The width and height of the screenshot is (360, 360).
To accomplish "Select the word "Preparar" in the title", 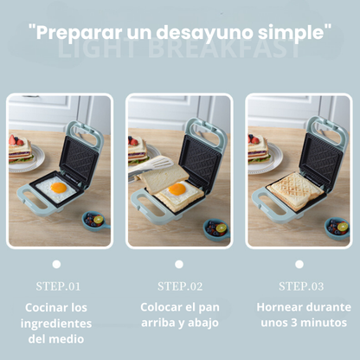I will tap(76, 33).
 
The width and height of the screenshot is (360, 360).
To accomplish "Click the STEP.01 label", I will tap(57, 286).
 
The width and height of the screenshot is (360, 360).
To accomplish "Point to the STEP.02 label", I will tap(178, 286).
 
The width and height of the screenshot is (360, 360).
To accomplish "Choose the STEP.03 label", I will tap(299, 286).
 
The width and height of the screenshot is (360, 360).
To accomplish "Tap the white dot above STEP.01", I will tap(57, 264).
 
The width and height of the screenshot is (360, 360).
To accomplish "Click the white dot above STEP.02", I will tap(178, 264).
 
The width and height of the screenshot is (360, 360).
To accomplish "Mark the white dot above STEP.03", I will tap(299, 264).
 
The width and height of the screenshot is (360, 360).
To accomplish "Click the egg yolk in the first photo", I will tap(59, 188).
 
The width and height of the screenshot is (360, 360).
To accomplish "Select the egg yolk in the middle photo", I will tap(177, 188).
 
